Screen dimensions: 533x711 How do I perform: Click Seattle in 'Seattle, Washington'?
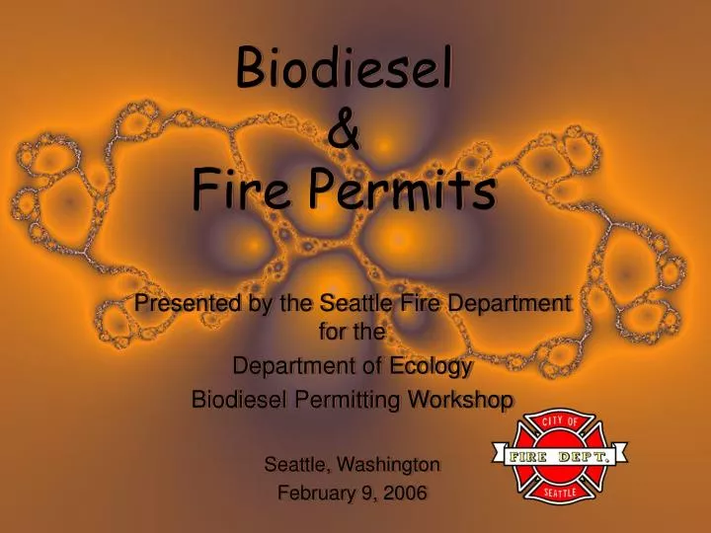298,463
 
